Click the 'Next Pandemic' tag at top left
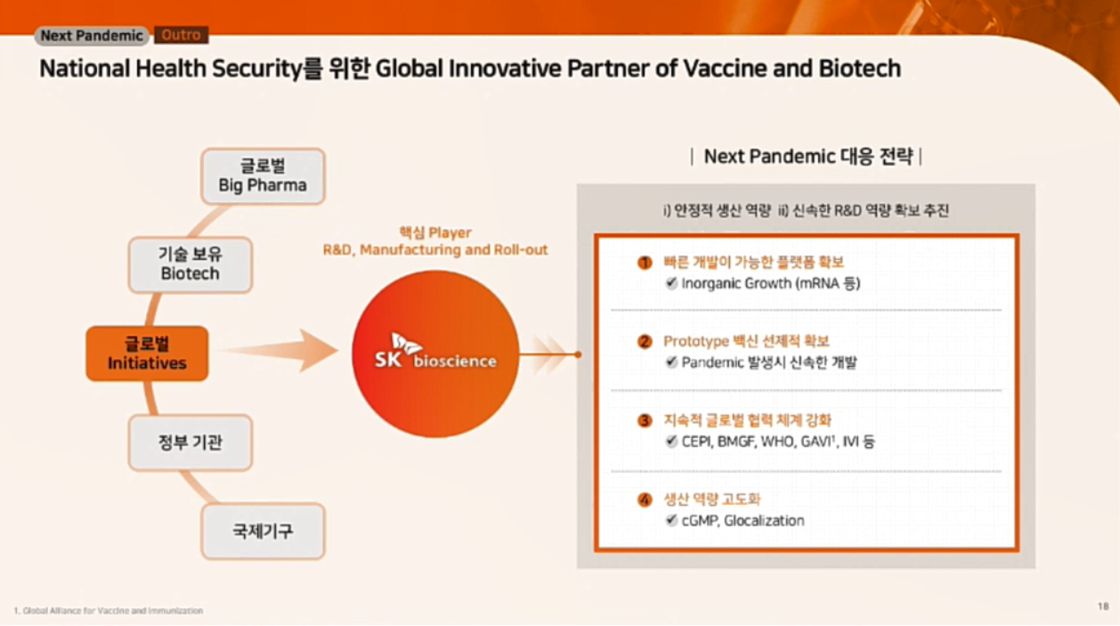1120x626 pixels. (x=92, y=36)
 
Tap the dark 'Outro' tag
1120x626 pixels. (x=181, y=35)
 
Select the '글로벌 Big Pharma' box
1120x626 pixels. (x=263, y=176)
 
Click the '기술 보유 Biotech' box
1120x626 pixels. (x=190, y=264)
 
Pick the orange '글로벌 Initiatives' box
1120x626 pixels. (x=147, y=354)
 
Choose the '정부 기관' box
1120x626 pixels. (x=190, y=443)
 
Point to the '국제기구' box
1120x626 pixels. (x=263, y=531)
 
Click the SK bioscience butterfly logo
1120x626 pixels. (x=406, y=344)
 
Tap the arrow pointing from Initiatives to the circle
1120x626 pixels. (x=280, y=350)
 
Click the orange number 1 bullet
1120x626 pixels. (x=645, y=263)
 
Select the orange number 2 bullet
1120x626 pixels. (x=645, y=342)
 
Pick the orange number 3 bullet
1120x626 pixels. (x=645, y=420)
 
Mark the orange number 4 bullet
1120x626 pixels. (x=645, y=500)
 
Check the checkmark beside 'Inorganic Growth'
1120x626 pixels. (x=671, y=283)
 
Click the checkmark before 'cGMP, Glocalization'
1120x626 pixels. (x=671, y=520)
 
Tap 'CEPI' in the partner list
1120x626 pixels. (x=697, y=442)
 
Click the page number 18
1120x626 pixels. (x=1103, y=606)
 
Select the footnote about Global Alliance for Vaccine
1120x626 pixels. (x=109, y=611)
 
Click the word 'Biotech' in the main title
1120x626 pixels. (x=859, y=69)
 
